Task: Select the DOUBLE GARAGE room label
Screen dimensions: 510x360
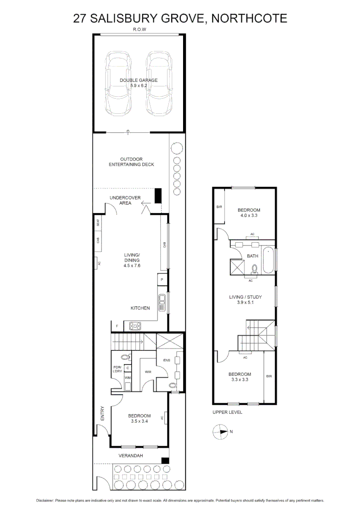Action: [x=138, y=83]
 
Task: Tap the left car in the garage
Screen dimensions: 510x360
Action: [x=118, y=83]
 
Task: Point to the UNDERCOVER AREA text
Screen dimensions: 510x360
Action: [x=125, y=200]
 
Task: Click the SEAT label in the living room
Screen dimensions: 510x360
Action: [x=98, y=223]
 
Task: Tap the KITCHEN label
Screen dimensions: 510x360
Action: [x=140, y=308]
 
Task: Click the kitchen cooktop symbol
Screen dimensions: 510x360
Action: [x=135, y=325]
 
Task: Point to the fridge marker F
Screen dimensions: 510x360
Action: [x=117, y=326]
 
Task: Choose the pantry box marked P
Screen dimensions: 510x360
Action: [x=162, y=280]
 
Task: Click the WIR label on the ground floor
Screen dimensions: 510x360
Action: [x=147, y=372]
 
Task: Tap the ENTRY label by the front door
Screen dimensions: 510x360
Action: [x=102, y=414]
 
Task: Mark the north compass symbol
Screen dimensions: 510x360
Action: [x=220, y=431]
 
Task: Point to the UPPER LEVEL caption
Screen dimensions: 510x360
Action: [x=227, y=412]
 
